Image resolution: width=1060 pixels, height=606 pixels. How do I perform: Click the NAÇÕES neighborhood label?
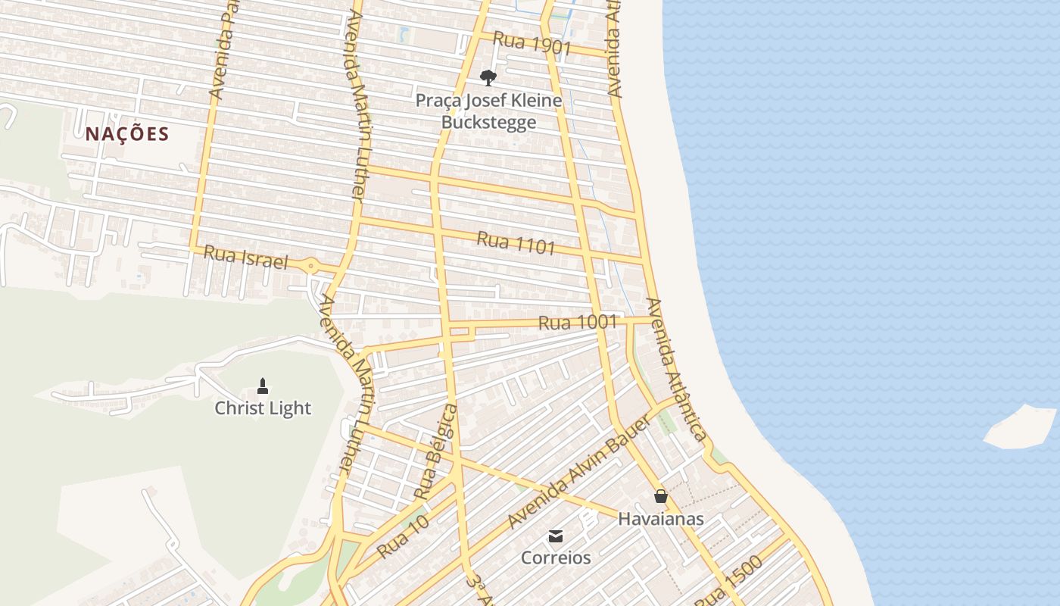click(x=126, y=134)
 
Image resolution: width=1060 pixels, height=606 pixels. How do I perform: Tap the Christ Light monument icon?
click(x=263, y=386)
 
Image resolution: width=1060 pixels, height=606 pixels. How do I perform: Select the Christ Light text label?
click(x=263, y=408)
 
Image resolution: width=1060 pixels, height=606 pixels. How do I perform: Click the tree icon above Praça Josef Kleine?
click(x=488, y=77)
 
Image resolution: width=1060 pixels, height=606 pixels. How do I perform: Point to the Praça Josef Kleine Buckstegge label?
click(x=489, y=111)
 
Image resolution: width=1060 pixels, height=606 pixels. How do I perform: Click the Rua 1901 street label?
click(x=532, y=44)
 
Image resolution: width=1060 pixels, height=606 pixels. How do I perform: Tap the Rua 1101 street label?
click(x=516, y=243)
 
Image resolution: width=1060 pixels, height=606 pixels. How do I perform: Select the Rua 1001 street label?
click(x=578, y=323)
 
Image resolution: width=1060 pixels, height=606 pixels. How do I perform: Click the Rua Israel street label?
click(x=246, y=258)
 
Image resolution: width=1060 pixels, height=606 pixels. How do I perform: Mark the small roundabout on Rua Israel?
click(x=311, y=267)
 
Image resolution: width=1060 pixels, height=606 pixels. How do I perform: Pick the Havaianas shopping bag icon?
click(x=661, y=496)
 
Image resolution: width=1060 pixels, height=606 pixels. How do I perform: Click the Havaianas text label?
click(x=661, y=519)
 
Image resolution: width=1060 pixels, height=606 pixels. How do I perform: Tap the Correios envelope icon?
click(x=556, y=536)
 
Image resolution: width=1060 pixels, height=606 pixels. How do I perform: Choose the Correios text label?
click(x=556, y=558)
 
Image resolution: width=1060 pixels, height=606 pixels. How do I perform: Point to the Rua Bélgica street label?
click(x=437, y=452)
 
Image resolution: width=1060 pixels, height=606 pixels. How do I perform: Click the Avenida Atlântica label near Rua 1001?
click(x=676, y=369)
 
